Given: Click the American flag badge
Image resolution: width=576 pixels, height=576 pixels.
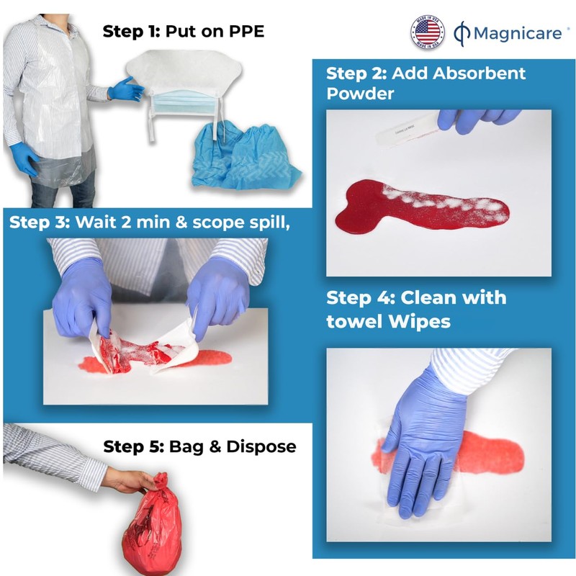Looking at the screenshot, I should coord(427,32).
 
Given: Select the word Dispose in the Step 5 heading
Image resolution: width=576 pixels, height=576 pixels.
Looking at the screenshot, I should coord(261,446).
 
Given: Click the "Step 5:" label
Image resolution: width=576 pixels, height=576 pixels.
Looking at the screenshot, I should coord(132,446).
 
